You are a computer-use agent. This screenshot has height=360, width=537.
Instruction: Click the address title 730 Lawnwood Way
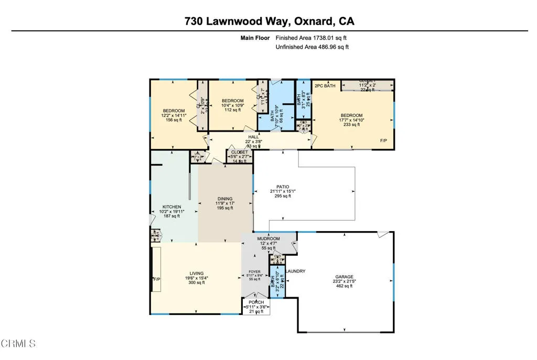pos(269,21)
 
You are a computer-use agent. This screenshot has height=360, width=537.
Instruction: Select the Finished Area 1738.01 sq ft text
pos(311,38)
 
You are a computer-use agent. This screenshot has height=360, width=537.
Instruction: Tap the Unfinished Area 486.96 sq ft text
pos(312,47)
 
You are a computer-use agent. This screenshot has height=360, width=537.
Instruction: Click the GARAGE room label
pos(345,277)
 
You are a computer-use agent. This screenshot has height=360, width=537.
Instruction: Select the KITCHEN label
pos(171,207)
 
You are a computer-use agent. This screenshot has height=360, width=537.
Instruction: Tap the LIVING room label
pos(197,274)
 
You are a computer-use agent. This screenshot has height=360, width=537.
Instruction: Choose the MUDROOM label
pos(268,239)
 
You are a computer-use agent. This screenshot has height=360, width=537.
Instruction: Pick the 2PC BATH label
pos(325,85)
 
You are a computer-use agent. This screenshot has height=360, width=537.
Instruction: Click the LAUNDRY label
pos(296,271)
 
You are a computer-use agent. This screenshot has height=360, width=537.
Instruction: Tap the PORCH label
pos(256,302)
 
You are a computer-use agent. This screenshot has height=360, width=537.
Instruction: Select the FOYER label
pos(254,272)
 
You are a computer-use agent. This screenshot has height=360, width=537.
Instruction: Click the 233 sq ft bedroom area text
pos(351,125)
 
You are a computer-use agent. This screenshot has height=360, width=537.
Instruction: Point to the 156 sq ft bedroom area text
pos(173,120)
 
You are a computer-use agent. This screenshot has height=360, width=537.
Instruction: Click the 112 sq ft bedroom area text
pos(232,110)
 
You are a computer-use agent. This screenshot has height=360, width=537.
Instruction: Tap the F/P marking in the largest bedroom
pos(384,141)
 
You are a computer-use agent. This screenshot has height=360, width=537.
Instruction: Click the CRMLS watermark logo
pos(18,344)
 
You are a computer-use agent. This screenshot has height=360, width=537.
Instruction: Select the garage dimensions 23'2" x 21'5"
pos(345,282)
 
